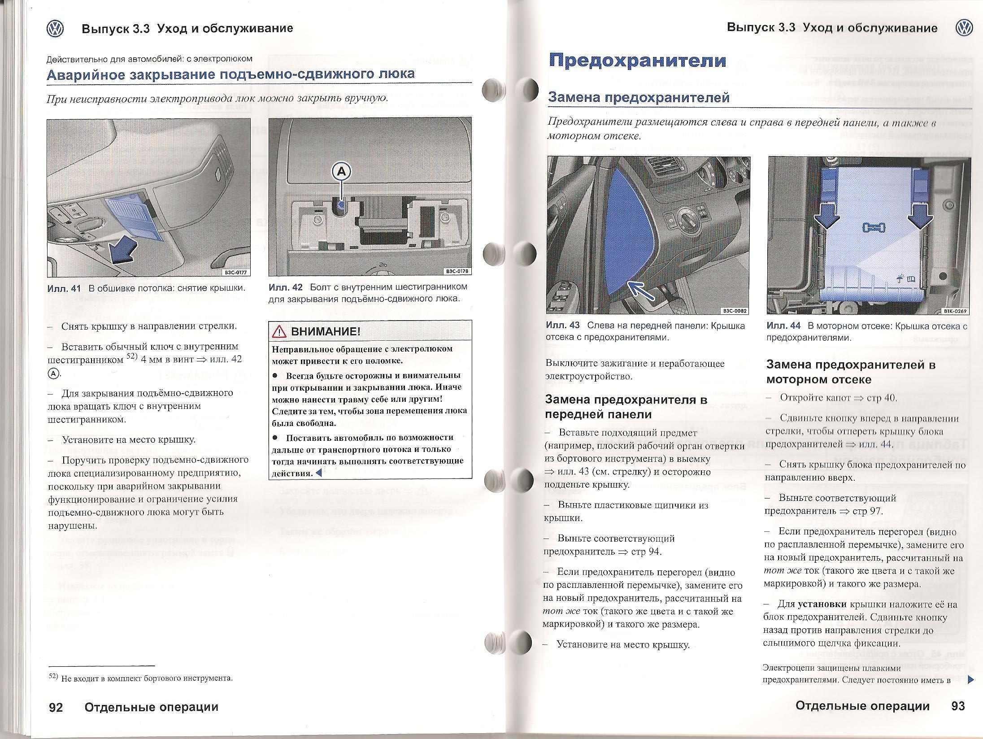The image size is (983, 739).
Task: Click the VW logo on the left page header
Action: point(55,29)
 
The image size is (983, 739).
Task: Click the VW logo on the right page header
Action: point(964,28)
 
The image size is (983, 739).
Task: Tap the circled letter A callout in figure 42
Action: point(342,171)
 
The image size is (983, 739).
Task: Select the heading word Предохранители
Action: point(637,60)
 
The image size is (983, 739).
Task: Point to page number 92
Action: point(56,707)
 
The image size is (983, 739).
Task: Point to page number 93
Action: point(957,706)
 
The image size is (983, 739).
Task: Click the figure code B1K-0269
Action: point(954,311)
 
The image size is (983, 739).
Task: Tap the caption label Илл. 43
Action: point(563,326)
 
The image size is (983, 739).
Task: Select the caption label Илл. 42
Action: point(286,287)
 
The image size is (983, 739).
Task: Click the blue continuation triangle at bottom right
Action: point(971,680)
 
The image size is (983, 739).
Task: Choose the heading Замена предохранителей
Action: point(639,97)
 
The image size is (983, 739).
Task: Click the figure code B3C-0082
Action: point(735,310)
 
